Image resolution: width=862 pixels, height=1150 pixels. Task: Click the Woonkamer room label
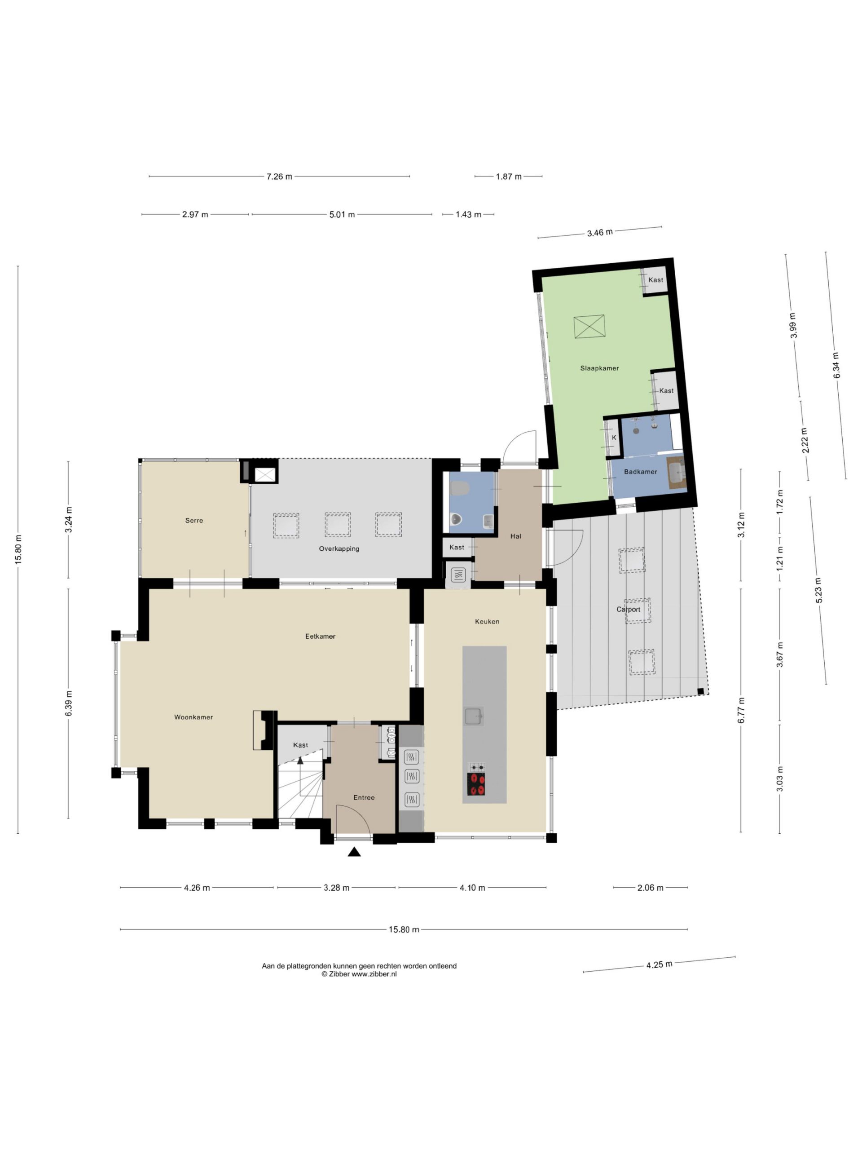point(194,717)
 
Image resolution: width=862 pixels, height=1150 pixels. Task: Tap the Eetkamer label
point(320,636)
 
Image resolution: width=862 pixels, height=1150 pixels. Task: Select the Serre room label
point(194,520)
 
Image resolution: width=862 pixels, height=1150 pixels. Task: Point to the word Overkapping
point(339,548)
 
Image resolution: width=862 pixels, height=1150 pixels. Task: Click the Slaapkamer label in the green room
point(599,368)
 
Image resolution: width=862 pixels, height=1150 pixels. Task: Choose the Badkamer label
point(640,472)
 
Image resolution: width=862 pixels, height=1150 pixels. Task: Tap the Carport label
point(628,609)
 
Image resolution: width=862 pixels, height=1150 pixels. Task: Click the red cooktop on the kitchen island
point(476,784)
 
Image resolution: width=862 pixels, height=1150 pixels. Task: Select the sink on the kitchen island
point(474,717)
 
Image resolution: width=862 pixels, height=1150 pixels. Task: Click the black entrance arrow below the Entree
point(354,852)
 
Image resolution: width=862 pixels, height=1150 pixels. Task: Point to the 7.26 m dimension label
point(279,176)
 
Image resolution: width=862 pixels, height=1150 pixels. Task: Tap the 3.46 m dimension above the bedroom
point(600,232)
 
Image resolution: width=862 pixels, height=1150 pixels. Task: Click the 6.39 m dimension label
point(69,703)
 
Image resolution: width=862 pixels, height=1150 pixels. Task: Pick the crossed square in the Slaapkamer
point(589,327)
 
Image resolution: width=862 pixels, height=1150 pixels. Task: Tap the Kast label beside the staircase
point(300,745)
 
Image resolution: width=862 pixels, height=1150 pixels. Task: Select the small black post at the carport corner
point(700,691)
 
